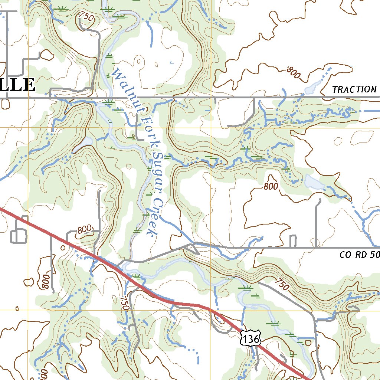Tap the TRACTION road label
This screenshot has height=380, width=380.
pos(354,89)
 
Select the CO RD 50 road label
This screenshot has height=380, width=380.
pos(359,255)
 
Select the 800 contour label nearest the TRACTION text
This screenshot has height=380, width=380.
pos(293,73)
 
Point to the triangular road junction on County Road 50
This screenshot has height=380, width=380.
pos(191,248)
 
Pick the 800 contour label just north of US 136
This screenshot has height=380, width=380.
pos(84,231)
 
